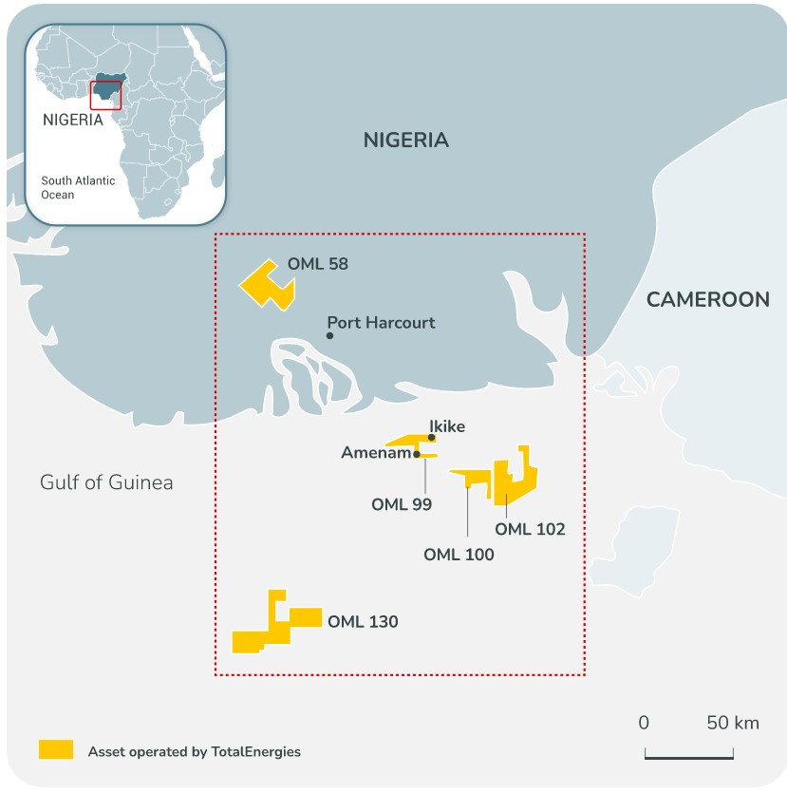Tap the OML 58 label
pos(318,264)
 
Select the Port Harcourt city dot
pos(329,335)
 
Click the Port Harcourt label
pos(381,323)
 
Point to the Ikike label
pos(447,426)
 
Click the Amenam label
pos(375,453)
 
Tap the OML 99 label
pos(402,505)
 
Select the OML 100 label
pos(459,555)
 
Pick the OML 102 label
pos(530,529)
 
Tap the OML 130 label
pos(363,623)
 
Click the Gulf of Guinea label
pos(106,482)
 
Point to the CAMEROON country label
pos(707,300)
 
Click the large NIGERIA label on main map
pos(405,141)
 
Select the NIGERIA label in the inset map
pos(72,120)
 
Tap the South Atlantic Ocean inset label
pos(78,187)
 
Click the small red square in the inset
pos(105,95)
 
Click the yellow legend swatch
pos(56,749)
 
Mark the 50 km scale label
pos(733,723)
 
